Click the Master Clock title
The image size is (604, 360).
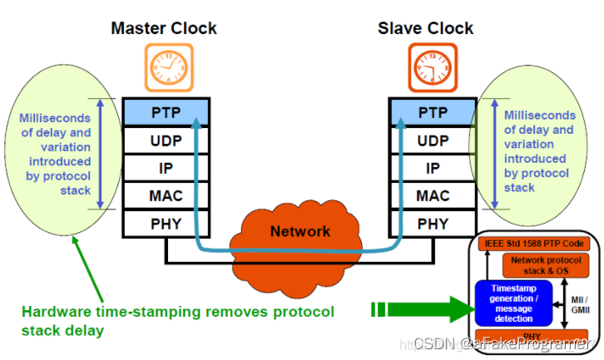tap(164, 28)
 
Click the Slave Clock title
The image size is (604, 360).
tap(425, 28)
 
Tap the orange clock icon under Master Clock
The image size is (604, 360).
tap(164, 66)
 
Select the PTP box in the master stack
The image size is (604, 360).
tap(165, 111)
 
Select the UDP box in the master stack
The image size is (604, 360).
tap(165, 140)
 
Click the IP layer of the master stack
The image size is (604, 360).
tap(165, 168)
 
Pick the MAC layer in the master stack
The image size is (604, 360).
tap(165, 196)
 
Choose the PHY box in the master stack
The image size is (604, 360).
tap(165, 224)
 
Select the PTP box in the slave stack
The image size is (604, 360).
tap(433, 111)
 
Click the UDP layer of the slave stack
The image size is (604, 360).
tap(433, 140)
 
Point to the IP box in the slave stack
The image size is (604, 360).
tap(433, 168)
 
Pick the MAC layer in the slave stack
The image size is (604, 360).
tap(433, 196)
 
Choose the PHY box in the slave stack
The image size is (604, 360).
tap(433, 224)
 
